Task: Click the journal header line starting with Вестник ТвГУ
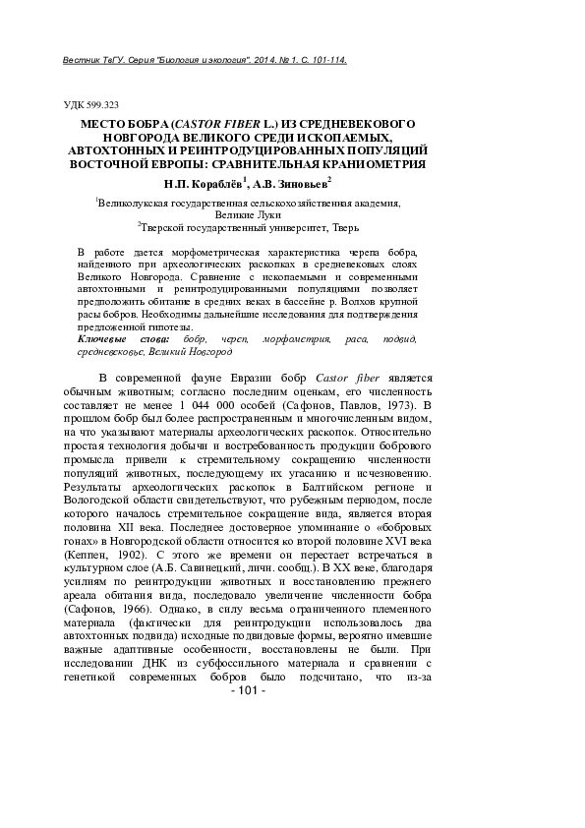coord(203,60)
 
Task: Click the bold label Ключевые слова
coord(114,339)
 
